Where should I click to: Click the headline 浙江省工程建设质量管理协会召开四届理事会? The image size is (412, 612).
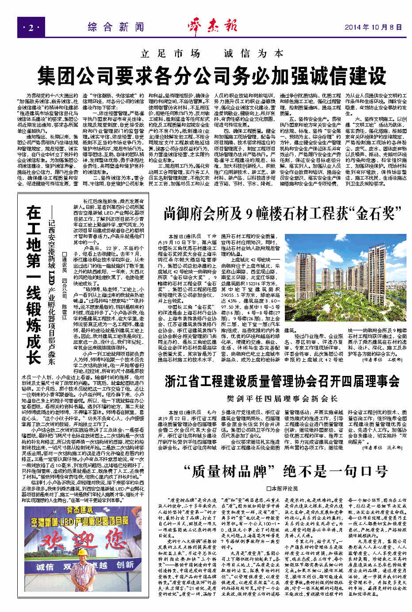pos(282,381)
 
